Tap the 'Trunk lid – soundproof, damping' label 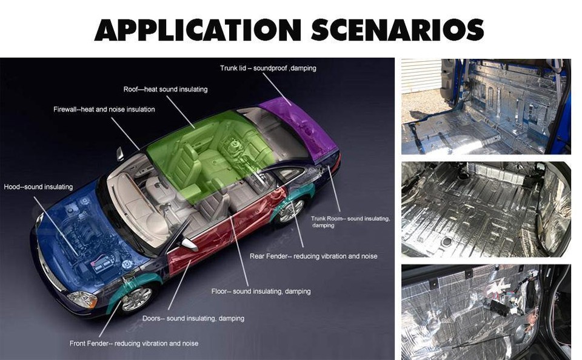point(268,68)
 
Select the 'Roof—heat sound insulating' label point(166,90)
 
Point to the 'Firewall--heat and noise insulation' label point(104,110)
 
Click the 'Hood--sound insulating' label point(38,187)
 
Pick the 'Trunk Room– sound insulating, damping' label point(350,222)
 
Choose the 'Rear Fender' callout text point(313,256)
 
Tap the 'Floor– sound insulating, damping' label point(261,292)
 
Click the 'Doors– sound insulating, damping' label point(193,318)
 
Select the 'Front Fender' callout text point(134,343)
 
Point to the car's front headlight point(82,299)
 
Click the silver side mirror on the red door point(189,244)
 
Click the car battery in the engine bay point(102,264)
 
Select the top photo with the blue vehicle point(486,107)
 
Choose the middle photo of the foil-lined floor point(486,209)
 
